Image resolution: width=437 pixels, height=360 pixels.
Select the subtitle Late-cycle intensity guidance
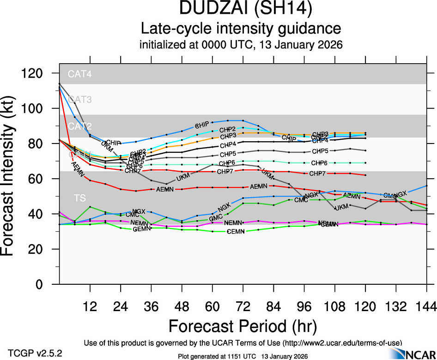241,29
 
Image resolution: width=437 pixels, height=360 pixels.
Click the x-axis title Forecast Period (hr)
243,326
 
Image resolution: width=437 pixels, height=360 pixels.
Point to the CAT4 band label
80,73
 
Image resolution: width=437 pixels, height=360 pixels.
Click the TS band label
80,198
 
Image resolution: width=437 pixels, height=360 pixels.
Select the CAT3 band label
80,99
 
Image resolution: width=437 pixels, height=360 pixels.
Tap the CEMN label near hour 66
238,231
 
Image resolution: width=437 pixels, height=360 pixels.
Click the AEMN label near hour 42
165,189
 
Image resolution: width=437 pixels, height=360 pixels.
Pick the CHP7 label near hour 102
317,174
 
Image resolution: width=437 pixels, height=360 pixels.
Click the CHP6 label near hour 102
319,163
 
